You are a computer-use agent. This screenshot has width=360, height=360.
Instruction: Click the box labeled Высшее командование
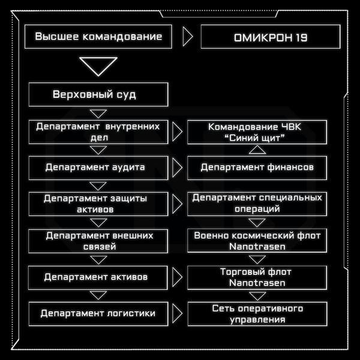(98, 37)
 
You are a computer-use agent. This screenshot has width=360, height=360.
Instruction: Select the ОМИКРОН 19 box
(271, 37)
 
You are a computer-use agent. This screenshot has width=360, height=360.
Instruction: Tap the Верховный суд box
(98, 94)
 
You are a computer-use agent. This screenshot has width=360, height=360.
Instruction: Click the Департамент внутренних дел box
(98, 132)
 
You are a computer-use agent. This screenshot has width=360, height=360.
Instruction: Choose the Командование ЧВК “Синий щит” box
(257, 132)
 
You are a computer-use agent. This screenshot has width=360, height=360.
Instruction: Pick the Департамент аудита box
(98, 168)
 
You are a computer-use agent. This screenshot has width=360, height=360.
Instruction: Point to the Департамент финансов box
(257, 168)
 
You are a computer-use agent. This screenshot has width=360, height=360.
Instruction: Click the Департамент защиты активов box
(98, 204)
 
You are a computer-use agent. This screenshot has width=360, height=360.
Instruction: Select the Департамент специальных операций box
(257, 204)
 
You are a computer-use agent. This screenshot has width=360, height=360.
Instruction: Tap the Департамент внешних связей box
(98, 241)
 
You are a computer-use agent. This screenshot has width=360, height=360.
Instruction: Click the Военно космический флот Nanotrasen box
(257, 241)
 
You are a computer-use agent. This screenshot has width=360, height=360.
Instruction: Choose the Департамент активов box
(98, 278)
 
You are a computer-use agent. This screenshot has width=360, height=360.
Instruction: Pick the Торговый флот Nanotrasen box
(257, 278)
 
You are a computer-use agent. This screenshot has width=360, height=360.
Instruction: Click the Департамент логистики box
(98, 314)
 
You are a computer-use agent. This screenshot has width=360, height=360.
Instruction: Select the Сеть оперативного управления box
(257, 314)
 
